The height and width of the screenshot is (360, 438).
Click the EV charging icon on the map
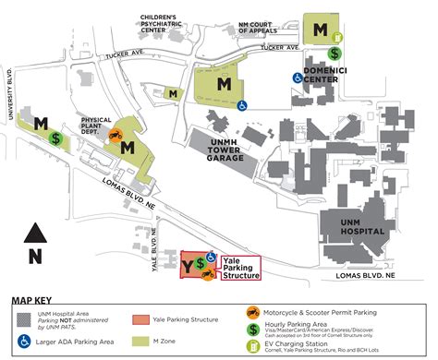(x=339, y=38)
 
